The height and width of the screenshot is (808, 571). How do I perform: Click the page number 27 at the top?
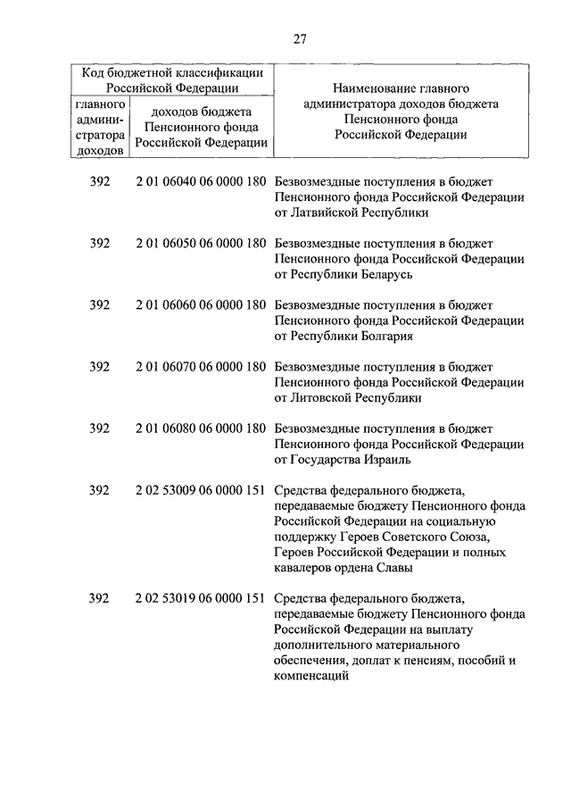click(299, 37)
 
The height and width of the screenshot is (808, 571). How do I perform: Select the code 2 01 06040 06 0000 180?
click(202, 181)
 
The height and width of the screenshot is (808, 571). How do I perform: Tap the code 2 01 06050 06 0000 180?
click(202, 243)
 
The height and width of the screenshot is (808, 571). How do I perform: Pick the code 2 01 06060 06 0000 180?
click(202, 304)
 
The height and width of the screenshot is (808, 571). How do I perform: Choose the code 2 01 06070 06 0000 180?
click(202, 367)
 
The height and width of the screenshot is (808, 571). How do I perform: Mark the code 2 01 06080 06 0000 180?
click(202, 429)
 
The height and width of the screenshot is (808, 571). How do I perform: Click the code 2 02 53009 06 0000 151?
click(202, 490)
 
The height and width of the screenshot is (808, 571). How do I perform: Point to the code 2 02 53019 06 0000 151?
click(202, 598)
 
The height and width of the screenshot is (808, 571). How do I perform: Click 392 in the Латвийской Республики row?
click(100, 181)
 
